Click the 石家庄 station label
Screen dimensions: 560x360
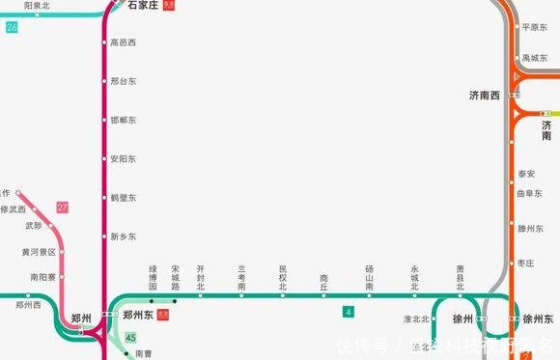click(142, 6)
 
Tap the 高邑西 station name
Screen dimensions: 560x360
click(124, 42)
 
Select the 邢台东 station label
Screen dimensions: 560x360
click(124, 81)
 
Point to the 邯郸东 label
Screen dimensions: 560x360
click(124, 120)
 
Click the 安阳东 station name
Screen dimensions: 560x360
click(124, 158)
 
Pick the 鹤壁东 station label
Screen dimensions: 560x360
click(124, 197)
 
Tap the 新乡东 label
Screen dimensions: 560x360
click(124, 235)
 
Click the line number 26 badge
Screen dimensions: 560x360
click(12, 27)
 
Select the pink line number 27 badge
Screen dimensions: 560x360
click(63, 208)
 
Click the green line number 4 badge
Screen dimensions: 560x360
click(348, 312)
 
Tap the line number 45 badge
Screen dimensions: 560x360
click(130, 337)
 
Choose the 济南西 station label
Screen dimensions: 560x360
click(485, 96)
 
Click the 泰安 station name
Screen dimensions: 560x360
click(526, 174)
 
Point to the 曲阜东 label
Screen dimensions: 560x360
click(529, 193)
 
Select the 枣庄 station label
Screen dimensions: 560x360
click(526, 262)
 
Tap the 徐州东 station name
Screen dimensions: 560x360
click(540, 318)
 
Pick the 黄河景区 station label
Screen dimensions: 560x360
click(39, 252)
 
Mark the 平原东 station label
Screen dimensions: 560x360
click(534, 27)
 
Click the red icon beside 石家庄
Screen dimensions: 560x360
click(170, 6)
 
